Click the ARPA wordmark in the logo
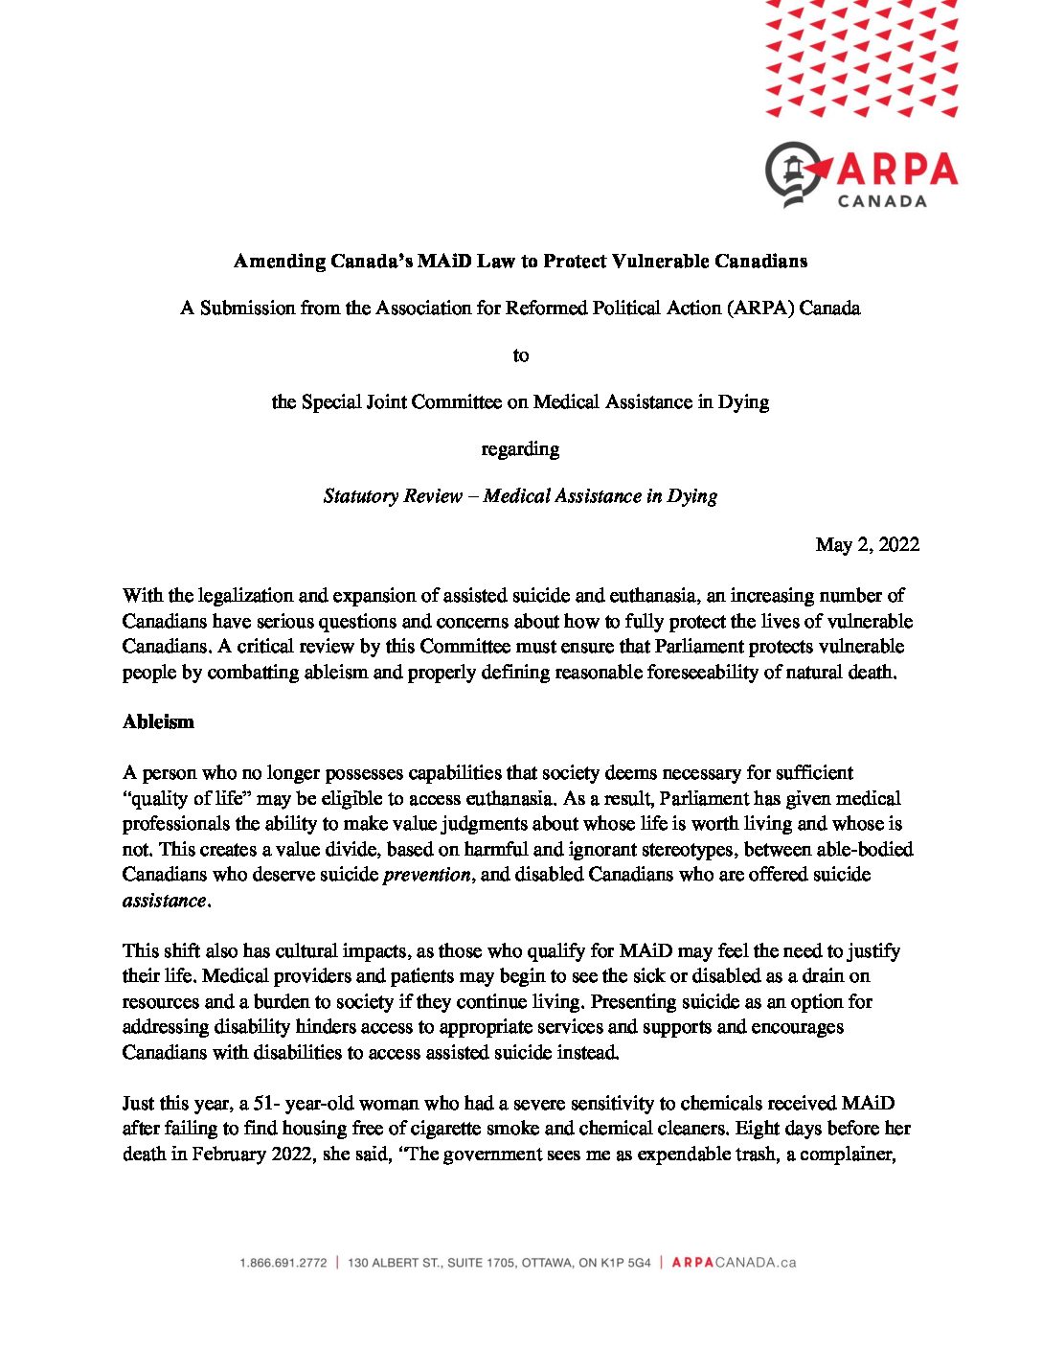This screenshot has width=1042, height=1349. (896, 171)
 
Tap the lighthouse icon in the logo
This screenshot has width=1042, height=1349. (793, 172)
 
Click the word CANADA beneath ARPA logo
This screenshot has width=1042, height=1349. (882, 201)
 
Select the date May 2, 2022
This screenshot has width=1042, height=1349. (867, 544)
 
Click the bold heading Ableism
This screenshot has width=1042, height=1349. (158, 722)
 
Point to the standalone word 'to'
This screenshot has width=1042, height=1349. (520, 355)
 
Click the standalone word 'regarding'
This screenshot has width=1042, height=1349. (520, 449)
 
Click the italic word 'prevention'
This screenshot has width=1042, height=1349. (427, 875)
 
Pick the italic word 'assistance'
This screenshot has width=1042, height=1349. (164, 901)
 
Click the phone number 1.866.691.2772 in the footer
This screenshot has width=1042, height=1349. (283, 1263)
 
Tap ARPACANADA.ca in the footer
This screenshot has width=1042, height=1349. (734, 1263)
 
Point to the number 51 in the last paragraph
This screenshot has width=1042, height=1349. (264, 1104)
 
